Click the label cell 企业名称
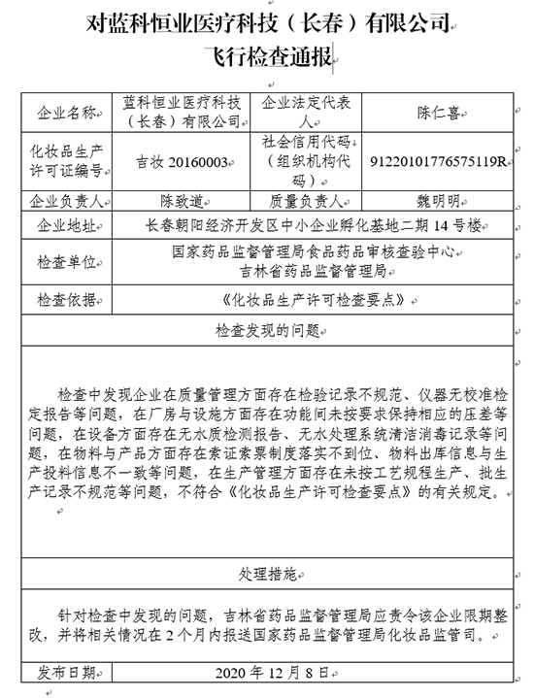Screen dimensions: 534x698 coord(64,112)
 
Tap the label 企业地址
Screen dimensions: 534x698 coord(64,225)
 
